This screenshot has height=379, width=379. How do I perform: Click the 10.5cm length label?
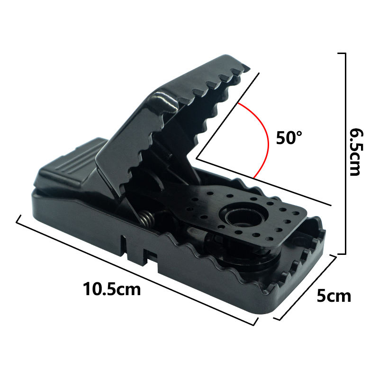coord(112,289)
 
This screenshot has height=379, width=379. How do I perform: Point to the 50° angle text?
coord(289,137)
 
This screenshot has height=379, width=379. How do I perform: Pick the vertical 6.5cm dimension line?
coord(346,153)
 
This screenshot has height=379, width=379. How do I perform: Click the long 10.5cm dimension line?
coord(136,270)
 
